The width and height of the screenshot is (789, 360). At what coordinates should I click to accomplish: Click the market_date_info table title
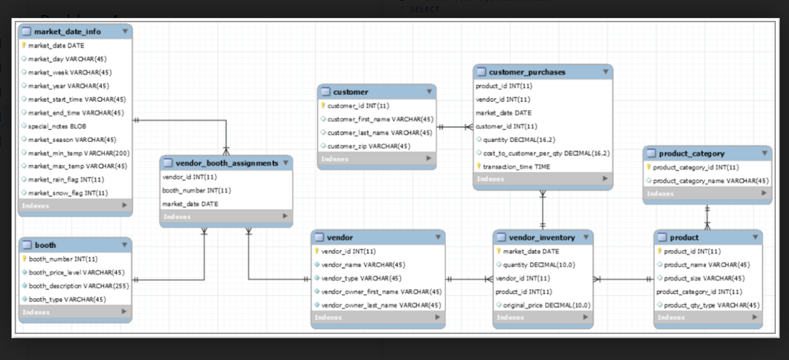point(67,31)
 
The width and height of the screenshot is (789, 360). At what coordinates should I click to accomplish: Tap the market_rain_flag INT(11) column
point(66,180)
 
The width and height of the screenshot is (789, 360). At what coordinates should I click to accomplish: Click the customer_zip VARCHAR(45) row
point(369,146)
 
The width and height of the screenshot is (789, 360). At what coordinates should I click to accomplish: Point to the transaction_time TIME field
point(516,167)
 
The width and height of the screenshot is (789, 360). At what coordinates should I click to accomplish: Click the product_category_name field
point(711,181)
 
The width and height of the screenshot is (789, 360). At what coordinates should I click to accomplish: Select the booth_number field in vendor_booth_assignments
point(196,190)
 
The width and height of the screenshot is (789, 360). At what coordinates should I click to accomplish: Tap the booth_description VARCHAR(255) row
point(79,286)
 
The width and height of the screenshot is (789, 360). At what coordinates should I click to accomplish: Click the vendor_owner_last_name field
point(381,305)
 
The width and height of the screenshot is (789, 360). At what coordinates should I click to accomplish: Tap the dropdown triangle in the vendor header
point(438,237)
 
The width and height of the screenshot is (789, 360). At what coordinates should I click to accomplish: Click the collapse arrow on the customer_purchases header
point(606,72)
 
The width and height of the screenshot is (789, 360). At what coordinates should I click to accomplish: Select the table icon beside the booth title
point(27,245)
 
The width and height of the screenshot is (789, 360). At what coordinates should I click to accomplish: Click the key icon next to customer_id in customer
point(323,106)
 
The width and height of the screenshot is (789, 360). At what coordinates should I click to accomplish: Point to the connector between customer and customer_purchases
point(455,127)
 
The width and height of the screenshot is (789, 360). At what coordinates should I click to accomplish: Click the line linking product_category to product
point(707,217)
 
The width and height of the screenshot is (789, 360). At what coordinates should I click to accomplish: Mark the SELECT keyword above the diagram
point(425,10)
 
